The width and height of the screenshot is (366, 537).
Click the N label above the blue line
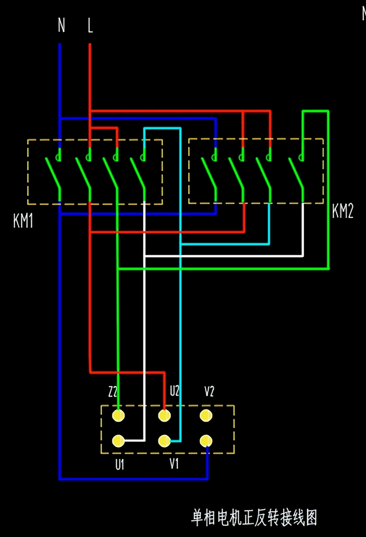tap(62, 25)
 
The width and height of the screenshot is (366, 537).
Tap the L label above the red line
tap(90, 25)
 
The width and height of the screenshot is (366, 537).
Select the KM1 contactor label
tap(23, 220)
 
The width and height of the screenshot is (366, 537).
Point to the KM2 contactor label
tap(343, 211)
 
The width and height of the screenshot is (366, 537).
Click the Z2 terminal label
tap(113, 392)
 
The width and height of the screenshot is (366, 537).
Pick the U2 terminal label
tap(175, 391)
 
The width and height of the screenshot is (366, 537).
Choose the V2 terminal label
tap(209, 391)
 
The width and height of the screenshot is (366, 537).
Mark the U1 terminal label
tap(119, 465)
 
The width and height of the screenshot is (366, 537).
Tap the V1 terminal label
tap(174, 464)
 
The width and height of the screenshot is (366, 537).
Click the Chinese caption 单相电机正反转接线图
tap(254, 518)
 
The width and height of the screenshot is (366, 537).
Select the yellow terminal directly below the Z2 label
tap(118, 416)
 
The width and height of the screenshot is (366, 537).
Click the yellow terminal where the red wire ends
tap(164, 416)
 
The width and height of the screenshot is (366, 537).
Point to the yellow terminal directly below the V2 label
tap(206, 416)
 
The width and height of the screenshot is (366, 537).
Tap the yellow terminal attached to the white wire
tap(118, 441)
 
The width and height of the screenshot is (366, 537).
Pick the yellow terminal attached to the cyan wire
tap(164, 441)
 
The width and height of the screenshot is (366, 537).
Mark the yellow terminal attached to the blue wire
tap(206, 441)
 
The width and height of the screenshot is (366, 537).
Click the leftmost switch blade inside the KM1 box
tap(53, 173)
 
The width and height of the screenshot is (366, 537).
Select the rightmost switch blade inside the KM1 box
tap(138, 173)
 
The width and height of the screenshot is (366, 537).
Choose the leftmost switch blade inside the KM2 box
tap(209, 173)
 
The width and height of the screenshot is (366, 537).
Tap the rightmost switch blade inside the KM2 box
tap(296, 173)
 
